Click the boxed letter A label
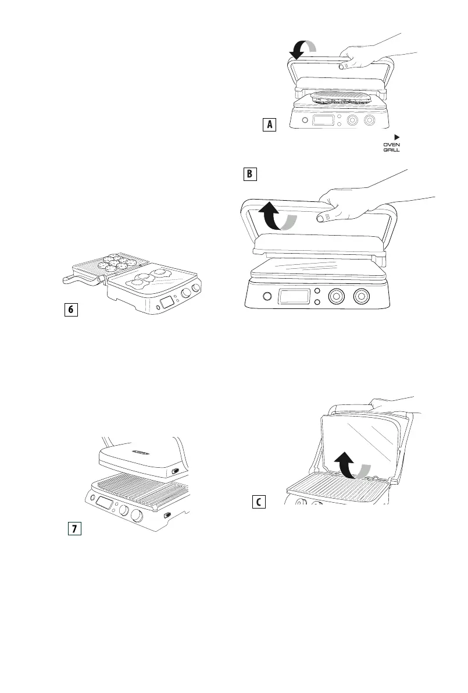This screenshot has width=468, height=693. pos(268,124)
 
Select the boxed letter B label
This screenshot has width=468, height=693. pos(249,174)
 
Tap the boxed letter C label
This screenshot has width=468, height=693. pos(259,501)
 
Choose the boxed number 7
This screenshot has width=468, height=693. pos(73,528)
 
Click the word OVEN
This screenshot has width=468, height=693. pos(392,144)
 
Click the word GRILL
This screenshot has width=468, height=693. pos(392,150)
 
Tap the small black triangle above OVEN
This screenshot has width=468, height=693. pos(398,136)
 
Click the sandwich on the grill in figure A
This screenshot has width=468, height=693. pos(338,97)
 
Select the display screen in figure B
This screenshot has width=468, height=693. pos(295,296)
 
